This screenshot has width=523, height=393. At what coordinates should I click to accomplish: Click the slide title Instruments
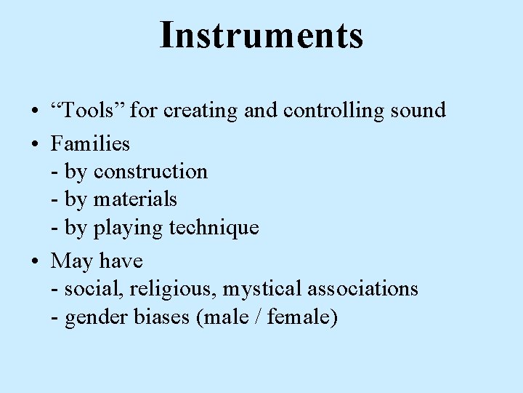(261, 35)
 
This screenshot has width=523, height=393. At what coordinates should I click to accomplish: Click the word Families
(90, 143)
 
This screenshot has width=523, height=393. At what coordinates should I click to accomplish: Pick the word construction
(150, 172)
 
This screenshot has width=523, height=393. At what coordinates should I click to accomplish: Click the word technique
(214, 228)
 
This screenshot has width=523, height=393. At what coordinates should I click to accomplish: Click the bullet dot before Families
(35, 144)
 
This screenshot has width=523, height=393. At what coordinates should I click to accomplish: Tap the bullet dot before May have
(35, 261)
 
